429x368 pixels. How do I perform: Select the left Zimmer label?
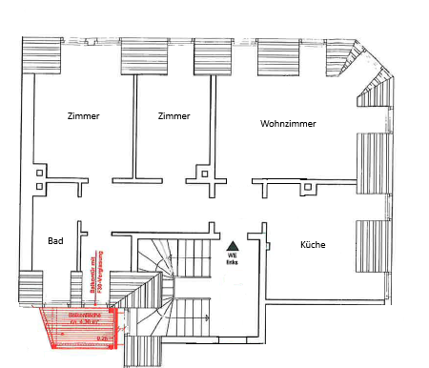point(84,116)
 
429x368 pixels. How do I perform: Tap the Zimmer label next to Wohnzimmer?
point(174,116)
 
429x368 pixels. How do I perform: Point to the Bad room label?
point(55,242)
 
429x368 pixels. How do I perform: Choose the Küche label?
point(313,245)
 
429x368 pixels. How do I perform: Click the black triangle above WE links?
point(232,244)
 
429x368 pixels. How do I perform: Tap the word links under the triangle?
point(232,262)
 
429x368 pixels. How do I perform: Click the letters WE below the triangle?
point(232,255)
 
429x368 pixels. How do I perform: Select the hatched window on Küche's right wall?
point(374,246)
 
